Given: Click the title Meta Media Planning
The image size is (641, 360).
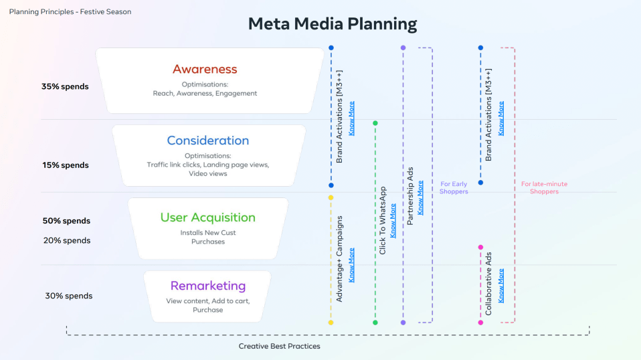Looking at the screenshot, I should (332, 24).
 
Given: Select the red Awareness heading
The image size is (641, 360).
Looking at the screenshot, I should (205, 69).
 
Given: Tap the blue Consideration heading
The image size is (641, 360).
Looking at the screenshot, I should (207, 141).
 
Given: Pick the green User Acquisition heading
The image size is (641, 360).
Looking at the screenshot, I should (207, 217).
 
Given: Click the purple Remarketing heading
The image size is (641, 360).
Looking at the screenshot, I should (207, 286).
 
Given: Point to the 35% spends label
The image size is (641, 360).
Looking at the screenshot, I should (65, 86).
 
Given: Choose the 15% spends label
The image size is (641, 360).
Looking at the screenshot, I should (65, 165).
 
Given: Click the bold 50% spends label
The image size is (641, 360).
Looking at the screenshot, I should (66, 221).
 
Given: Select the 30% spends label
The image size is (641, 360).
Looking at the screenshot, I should (69, 296).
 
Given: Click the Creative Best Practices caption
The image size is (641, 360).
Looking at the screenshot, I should (279, 346).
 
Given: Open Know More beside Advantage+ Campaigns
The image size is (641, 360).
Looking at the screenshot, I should (352, 264).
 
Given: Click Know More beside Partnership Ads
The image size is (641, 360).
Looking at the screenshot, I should (420, 197).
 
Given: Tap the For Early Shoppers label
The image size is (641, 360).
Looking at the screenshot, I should (454, 188).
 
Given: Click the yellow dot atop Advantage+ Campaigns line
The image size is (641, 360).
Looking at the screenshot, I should (331, 197).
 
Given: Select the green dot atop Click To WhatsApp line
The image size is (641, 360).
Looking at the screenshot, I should (375, 123).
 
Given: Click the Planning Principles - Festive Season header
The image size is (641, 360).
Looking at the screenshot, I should (70, 11).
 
